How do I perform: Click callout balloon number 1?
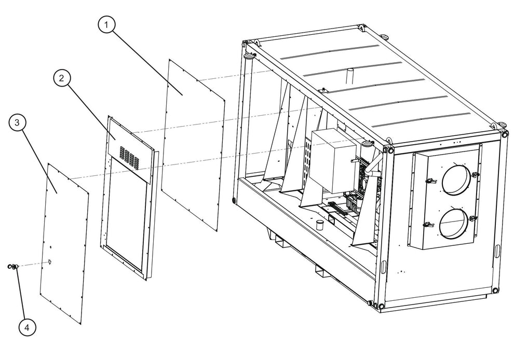point(106,24)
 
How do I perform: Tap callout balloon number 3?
point(17,122)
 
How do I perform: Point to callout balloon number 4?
point(27,327)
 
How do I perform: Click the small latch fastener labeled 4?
point(13,267)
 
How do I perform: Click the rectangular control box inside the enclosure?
point(333,160)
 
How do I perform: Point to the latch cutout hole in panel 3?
point(50,261)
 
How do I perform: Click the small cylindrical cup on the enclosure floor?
point(319,225)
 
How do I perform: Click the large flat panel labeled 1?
point(194,144)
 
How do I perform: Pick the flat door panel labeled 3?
point(64,243)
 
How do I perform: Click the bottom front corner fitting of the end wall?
point(381,306)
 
